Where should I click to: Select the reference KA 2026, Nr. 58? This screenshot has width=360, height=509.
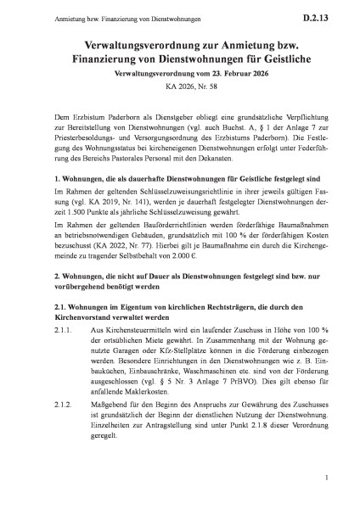pos(180,89)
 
